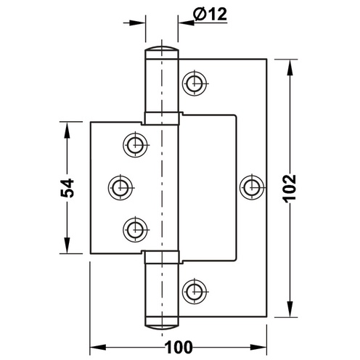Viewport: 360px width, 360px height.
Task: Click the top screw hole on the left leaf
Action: (134, 144)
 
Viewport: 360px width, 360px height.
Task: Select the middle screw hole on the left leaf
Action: (120, 187)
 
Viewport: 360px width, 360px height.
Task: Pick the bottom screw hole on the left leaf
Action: (134, 230)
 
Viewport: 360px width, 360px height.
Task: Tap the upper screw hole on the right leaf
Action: (193, 83)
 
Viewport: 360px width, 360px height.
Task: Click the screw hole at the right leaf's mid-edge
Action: (251, 187)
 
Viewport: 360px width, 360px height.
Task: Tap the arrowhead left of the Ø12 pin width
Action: (139, 22)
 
